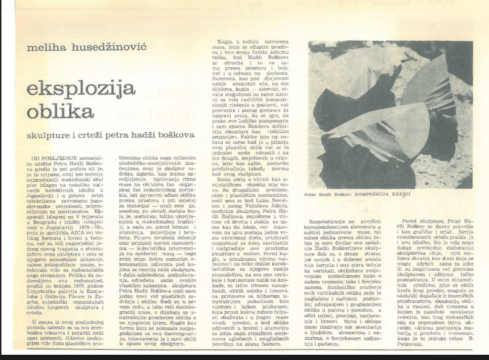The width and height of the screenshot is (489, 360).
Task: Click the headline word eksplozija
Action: [x=81, y=89]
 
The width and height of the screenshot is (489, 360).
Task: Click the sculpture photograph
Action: [x=390, y=115]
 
